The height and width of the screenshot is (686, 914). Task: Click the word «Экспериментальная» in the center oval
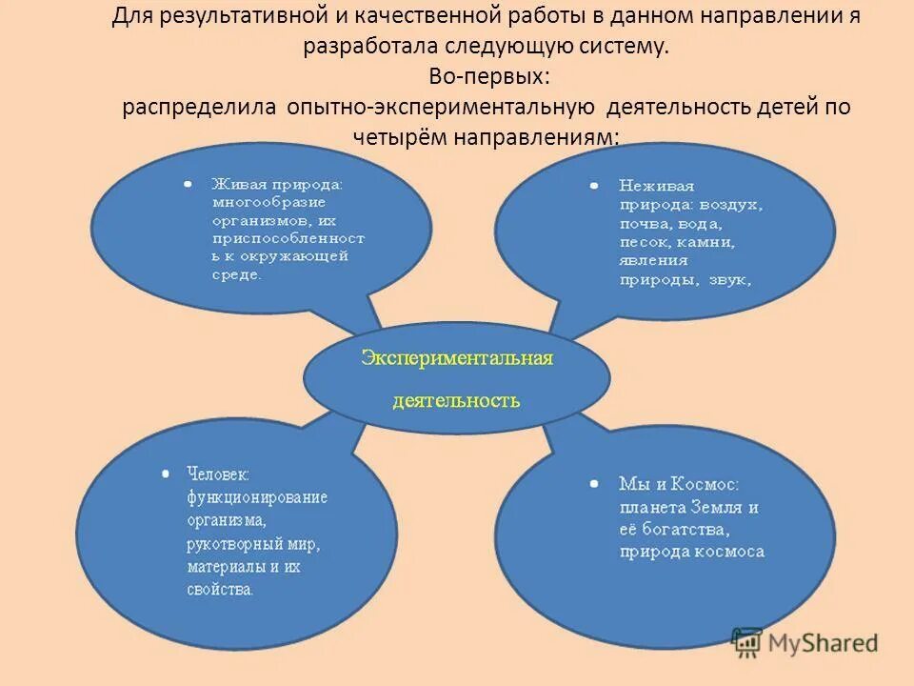[456, 358]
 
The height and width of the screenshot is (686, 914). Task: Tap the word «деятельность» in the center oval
[456, 399]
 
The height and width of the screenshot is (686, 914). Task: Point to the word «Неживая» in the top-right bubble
[656, 186]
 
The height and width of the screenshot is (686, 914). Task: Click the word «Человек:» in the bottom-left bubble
[218, 473]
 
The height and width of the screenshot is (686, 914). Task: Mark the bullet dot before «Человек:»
[167, 472]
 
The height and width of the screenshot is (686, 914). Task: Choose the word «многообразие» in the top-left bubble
[269, 203]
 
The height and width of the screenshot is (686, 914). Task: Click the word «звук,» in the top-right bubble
[731, 280]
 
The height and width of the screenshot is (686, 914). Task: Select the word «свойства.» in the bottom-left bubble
[221, 590]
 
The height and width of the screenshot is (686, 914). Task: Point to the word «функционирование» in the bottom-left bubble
[257, 497]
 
